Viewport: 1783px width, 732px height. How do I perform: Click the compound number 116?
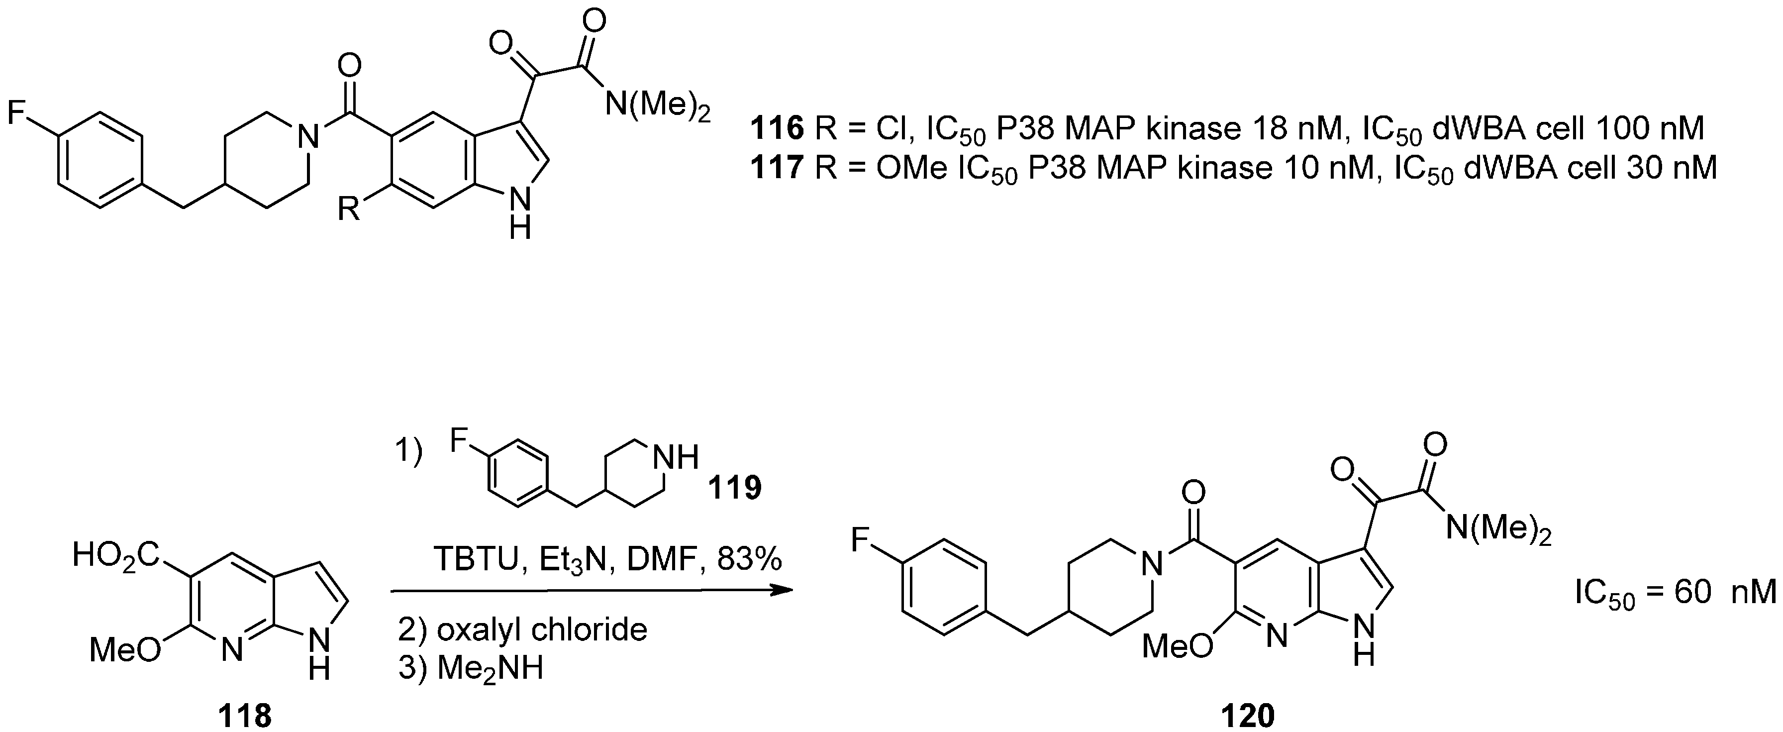[777, 129]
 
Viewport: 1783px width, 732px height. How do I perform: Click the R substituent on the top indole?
[348, 209]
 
